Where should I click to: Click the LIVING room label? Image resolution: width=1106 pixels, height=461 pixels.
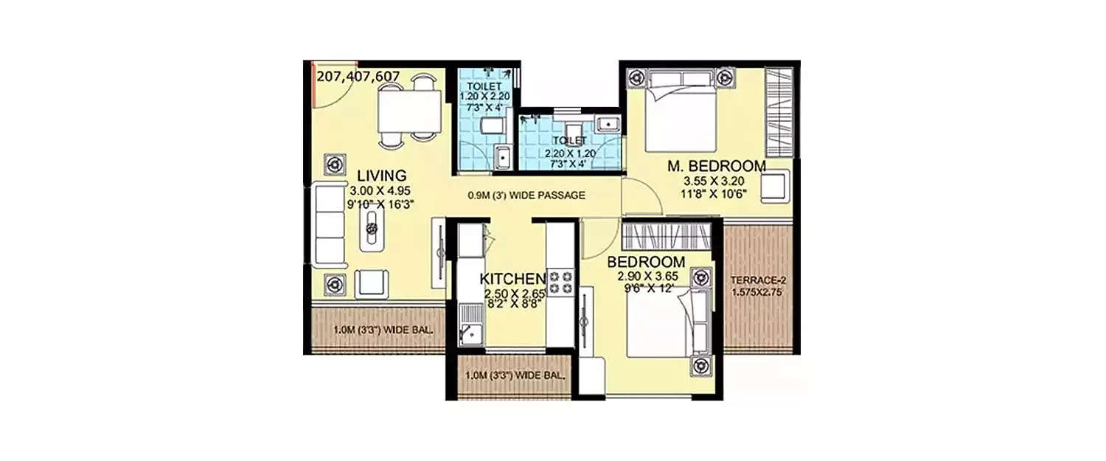pyautogui.click(x=382, y=176)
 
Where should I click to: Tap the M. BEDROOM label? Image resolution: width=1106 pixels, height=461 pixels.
pyautogui.click(x=716, y=166)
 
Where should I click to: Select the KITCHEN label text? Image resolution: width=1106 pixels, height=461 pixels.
pyautogui.click(x=512, y=279)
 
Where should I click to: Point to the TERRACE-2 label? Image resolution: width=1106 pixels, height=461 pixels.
pyautogui.click(x=759, y=280)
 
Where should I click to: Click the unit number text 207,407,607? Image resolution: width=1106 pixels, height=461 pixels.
pyautogui.click(x=358, y=75)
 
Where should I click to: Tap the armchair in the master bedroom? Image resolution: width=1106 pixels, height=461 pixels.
pyautogui.click(x=774, y=187)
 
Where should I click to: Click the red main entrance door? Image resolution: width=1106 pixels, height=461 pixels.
pyautogui.click(x=312, y=83)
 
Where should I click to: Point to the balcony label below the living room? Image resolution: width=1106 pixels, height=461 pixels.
pyautogui.click(x=372, y=329)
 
